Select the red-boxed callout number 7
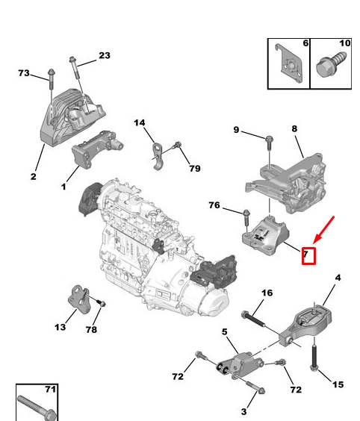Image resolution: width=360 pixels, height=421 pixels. (308, 255)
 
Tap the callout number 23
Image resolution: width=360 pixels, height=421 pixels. (104, 56)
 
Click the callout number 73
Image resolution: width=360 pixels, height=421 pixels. (24, 73)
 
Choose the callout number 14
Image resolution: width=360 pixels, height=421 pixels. (140, 122)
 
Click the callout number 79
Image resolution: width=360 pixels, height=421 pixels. (194, 168)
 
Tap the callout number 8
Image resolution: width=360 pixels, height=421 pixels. (294, 129)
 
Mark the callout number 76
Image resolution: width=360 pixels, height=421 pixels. (214, 206)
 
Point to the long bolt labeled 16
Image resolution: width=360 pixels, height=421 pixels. (256, 320)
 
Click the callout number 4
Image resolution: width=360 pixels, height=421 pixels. (338, 278)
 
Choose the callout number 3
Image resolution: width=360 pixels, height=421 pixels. (243, 411)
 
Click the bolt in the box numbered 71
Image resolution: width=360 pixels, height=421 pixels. (35, 405)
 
